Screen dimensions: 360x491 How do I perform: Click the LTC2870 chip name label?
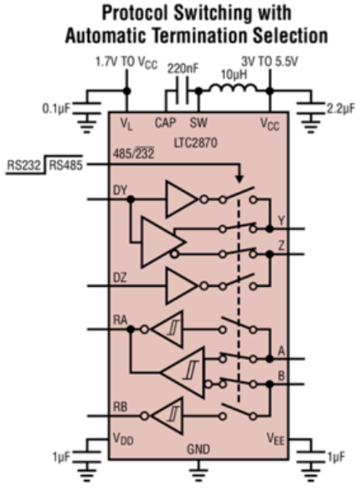[195, 143]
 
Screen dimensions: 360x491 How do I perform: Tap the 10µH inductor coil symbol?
[234, 88]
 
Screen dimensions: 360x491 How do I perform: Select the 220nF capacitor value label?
[183, 69]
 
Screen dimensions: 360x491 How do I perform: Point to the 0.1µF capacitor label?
[56, 109]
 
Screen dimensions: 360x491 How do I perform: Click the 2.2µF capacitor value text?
[341, 109]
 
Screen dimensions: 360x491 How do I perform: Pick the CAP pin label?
[165, 122]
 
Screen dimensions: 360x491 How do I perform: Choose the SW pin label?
[198, 122]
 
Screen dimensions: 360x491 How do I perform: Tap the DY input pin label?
[120, 191]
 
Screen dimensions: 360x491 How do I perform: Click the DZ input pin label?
[120, 278]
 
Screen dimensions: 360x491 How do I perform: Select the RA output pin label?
[120, 320]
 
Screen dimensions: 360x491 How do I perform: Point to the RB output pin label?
[120, 407]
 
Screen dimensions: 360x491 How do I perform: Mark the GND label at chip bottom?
[198, 449]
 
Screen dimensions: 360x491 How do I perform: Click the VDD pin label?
[123, 439]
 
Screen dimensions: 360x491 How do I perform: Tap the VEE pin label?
[275, 439]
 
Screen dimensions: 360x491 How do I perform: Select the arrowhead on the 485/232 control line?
[239, 179]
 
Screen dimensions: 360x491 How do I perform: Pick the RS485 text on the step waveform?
[66, 165]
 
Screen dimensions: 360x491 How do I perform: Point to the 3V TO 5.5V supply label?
[269, 62]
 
